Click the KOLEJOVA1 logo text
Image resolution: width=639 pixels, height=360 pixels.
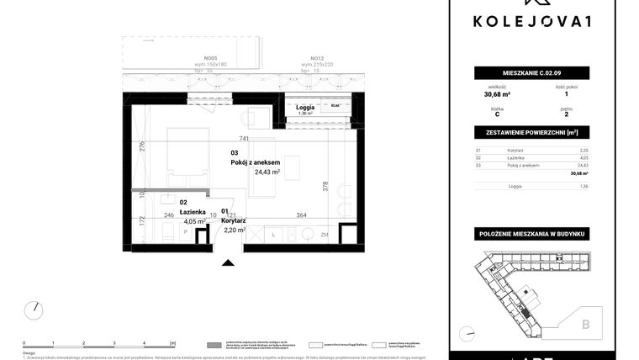[531, 21]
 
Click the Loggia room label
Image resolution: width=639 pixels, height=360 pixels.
[304, 108]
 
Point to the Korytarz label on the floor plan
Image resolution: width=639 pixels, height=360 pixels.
[233, 220]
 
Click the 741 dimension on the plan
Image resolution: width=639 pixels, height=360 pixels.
[244, 139]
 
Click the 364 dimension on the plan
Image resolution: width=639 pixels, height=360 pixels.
[302, 216]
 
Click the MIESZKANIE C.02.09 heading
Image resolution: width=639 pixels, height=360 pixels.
[531, 74]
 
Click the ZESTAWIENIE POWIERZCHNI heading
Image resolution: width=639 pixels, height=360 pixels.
[531, 133]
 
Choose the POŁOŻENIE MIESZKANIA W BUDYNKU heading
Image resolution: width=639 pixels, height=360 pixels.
[531, 232]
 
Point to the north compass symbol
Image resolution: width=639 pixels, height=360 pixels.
[34, 310]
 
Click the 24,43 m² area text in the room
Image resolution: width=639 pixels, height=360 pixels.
[267, 172]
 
